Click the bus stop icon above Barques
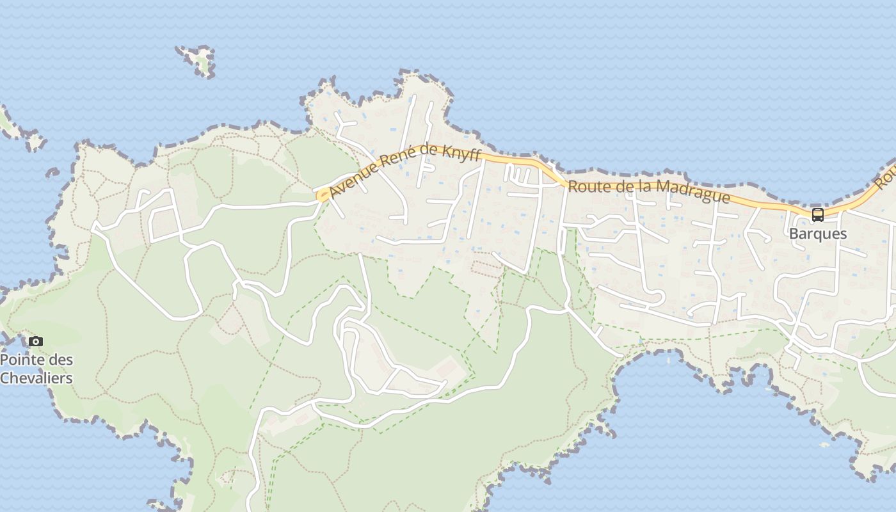click(x=818, y=215)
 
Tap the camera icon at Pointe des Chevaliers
click(x=36, y=341)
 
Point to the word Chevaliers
click(x=36, y=378)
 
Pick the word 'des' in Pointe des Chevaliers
click(x=61, y=360)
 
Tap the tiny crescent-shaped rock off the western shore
click(x=52, y=172)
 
